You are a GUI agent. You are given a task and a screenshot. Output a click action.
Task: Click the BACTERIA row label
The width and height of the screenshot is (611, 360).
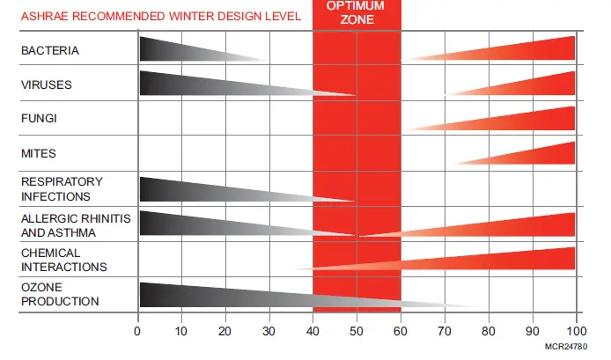tap(50, 51)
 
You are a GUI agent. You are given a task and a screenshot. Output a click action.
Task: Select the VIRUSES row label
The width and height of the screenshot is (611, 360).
tap(46, 85)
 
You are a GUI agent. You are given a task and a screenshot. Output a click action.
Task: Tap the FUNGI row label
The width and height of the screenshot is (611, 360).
tap(39, 118)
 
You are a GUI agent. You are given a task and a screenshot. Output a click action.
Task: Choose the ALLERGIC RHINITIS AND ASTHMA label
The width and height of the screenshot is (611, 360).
tap(70, 225)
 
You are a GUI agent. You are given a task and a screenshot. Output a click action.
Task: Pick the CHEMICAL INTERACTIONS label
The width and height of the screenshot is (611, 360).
tap(64, 260)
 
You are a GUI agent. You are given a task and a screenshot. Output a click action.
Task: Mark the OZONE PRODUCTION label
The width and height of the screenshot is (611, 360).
tap(60, 294)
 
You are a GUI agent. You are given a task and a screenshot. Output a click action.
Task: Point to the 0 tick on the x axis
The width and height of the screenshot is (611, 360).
tap(138, 331)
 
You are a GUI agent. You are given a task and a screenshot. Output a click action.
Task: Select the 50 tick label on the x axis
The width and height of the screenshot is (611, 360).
tap(357, 331)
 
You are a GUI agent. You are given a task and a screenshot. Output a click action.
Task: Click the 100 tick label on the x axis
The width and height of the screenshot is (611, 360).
tap(574, 331)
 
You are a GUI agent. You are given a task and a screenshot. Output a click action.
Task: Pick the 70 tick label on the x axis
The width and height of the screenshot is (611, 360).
tap(445, 331)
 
